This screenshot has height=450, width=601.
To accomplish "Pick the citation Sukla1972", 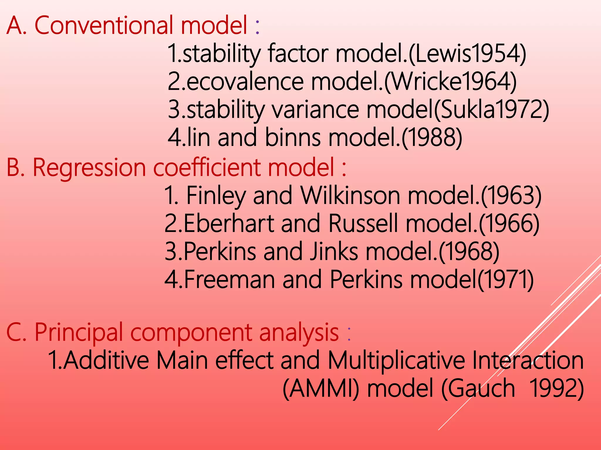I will pos(491,110).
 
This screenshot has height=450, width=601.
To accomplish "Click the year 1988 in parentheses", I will pos(431,137).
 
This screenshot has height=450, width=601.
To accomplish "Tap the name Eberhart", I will pos(229,223).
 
